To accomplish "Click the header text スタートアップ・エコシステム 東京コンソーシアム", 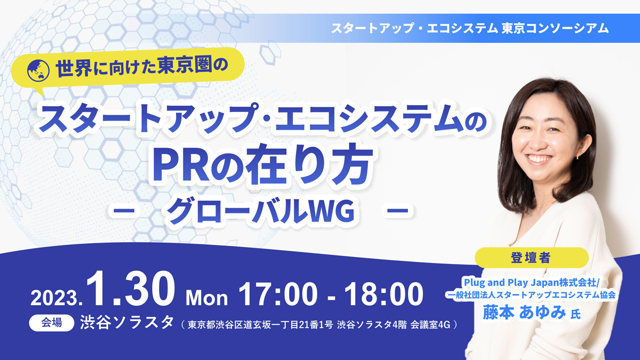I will [469, 28].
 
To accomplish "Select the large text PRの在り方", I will [261, 166].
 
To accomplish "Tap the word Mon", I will [207, 298].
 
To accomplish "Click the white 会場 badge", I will [51, 323].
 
